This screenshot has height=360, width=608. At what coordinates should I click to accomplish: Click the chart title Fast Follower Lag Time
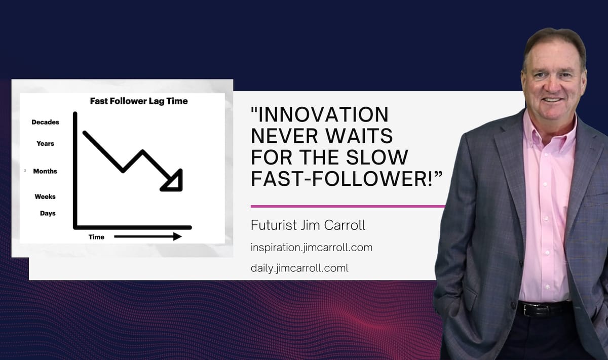[x=139, y=101]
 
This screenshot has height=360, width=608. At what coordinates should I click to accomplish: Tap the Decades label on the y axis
[x=45, y=122]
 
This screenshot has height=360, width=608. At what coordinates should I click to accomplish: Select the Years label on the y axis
[x=45, y=143]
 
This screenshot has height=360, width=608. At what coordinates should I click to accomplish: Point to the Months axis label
[x=45, y=171]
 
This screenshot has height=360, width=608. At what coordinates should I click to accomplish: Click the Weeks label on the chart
[x=45, y=196]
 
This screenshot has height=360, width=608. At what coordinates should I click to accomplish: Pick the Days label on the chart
[x=48, y=213]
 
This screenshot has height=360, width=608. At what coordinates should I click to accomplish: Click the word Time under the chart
[x=96, y=237]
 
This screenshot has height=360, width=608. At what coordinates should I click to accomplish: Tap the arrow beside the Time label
[x=148, y=236]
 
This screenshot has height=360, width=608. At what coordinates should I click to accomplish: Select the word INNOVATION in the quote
[x=320, y=114]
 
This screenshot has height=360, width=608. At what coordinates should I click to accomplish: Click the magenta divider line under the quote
[x=348, y=207]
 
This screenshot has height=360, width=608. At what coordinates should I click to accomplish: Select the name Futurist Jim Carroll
[x=308, y=225]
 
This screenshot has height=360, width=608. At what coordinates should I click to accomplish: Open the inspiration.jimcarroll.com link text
[x=312, y=248]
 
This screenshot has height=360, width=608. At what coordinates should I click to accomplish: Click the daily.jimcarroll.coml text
[x=299, y=268]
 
